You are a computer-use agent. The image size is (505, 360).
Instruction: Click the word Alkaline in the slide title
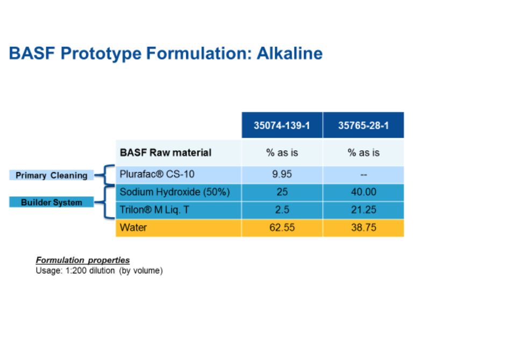coord(289,53)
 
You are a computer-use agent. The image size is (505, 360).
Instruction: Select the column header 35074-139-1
coord(282,125)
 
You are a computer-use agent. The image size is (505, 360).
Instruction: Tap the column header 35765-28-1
coord(364,125)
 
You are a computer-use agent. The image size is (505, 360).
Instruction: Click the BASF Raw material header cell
coord(179,153)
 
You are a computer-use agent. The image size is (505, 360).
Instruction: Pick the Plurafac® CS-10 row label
coord(157,174)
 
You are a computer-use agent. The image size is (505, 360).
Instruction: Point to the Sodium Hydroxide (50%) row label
coord(175,192)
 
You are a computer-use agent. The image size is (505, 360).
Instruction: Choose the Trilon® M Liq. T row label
coord(154,210)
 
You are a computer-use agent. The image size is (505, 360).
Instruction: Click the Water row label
coord(133,228)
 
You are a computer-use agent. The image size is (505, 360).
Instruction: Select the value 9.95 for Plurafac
coord(282,174)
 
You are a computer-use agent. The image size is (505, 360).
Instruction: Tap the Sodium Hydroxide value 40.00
coord(364,192)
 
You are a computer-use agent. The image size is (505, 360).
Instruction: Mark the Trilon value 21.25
coord(364,210)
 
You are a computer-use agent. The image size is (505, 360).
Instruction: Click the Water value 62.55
coord(282,228)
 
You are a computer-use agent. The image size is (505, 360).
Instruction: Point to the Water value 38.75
coord(364,228)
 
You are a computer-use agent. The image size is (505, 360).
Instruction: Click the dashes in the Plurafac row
coord(364,175)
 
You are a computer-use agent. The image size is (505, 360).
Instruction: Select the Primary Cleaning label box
coord(52,175)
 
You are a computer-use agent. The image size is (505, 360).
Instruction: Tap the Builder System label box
coord(52,202)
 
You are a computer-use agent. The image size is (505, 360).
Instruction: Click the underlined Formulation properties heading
coord(83,260)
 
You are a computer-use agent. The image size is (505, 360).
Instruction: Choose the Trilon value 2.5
coord(282,210)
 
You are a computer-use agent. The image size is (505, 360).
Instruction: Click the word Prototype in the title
coord(101,54)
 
